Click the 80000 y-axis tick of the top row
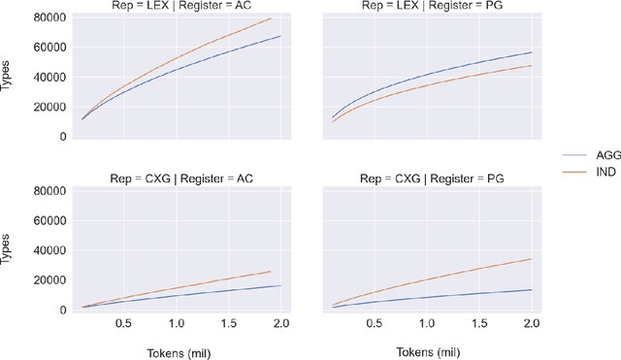point(48,17)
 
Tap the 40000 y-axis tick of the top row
point(48,77)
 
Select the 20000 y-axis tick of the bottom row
point(48,280)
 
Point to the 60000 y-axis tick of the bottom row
point(48,221)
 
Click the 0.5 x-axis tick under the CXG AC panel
point(124,323)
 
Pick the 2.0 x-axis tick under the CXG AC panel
point(280,323)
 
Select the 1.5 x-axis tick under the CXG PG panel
point(479,323)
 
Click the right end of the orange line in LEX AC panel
point(271,18)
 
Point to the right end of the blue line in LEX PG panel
point(532,52)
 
